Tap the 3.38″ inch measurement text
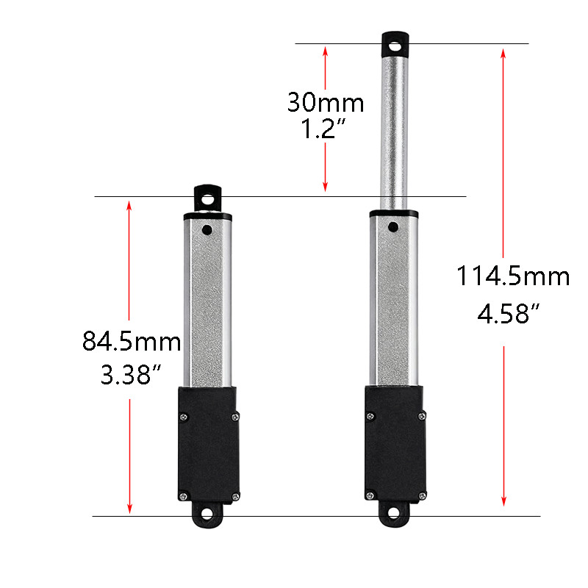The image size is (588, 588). click(132, 375)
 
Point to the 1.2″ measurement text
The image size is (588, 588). click(324, 131)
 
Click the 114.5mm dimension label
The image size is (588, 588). click(513, 277)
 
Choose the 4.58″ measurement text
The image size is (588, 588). click(513, 315)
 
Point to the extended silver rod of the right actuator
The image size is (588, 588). click(395, 132)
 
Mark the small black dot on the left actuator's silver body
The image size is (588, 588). click(208, 230)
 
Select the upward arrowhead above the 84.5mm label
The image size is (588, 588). click(129, 207)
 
